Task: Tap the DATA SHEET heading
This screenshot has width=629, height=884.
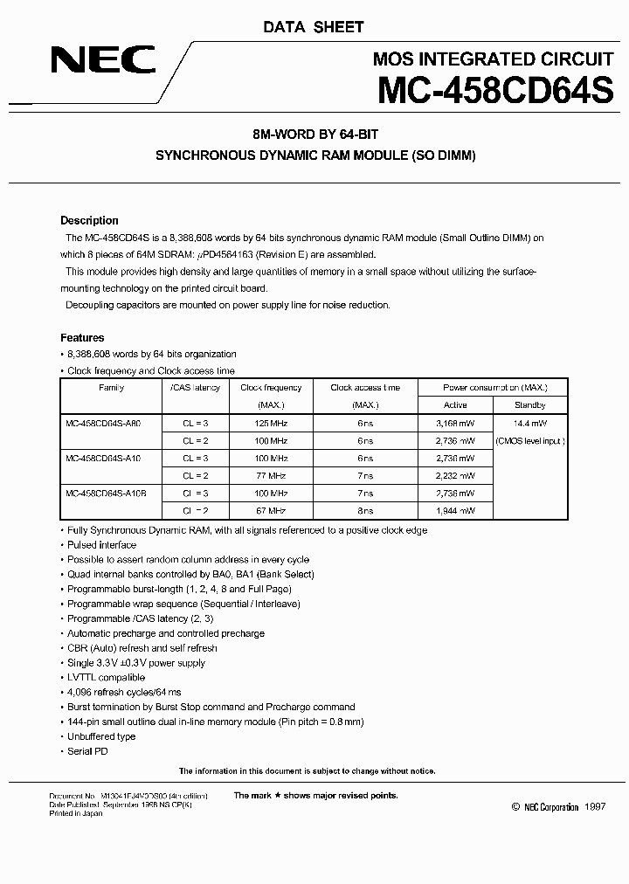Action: pyautogui.click(x=313, y=27)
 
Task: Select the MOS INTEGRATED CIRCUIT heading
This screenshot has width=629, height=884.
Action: pyautogui.click(x=493, y=59)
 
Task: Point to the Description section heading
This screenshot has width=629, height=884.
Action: pyautogui.click(x=89, y=221)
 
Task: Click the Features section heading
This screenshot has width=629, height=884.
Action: pyautogui.click(x=82, y=338)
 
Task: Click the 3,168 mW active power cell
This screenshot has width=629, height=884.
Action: pyautogui.click(x=455, y=423)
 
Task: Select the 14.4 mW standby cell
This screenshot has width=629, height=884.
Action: pyautogui.click(x=530, y=423)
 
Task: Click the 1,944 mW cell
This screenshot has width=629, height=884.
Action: pyautogui.click(x=455, y=510)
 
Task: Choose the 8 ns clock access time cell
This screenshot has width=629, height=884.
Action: pyautogui.click(x=365, y=510)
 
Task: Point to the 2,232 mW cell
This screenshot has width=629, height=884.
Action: pyautogui.click(x=455, y=475)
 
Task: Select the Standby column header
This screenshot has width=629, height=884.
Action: pyautogui.click(x=530, y=405)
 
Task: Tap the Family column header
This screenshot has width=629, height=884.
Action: pyautogui.click(x=111, y=388)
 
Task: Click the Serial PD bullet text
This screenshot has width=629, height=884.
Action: pyautogui.click(x=87, y=751)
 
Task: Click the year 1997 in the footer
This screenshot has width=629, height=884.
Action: pyautogui.click(x=594, y=808)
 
